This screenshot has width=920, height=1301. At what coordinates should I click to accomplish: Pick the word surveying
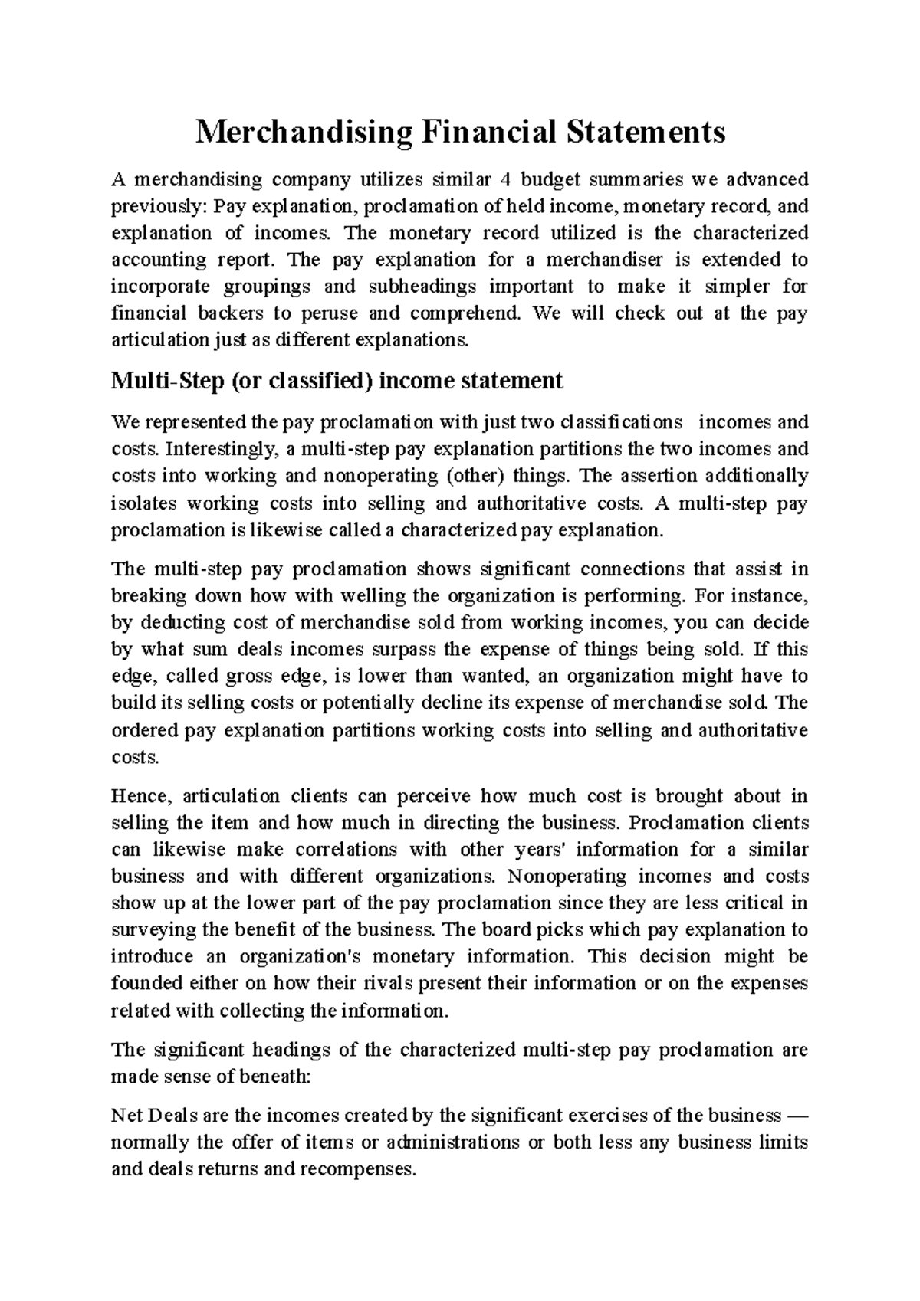click(x=152, y=930)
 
